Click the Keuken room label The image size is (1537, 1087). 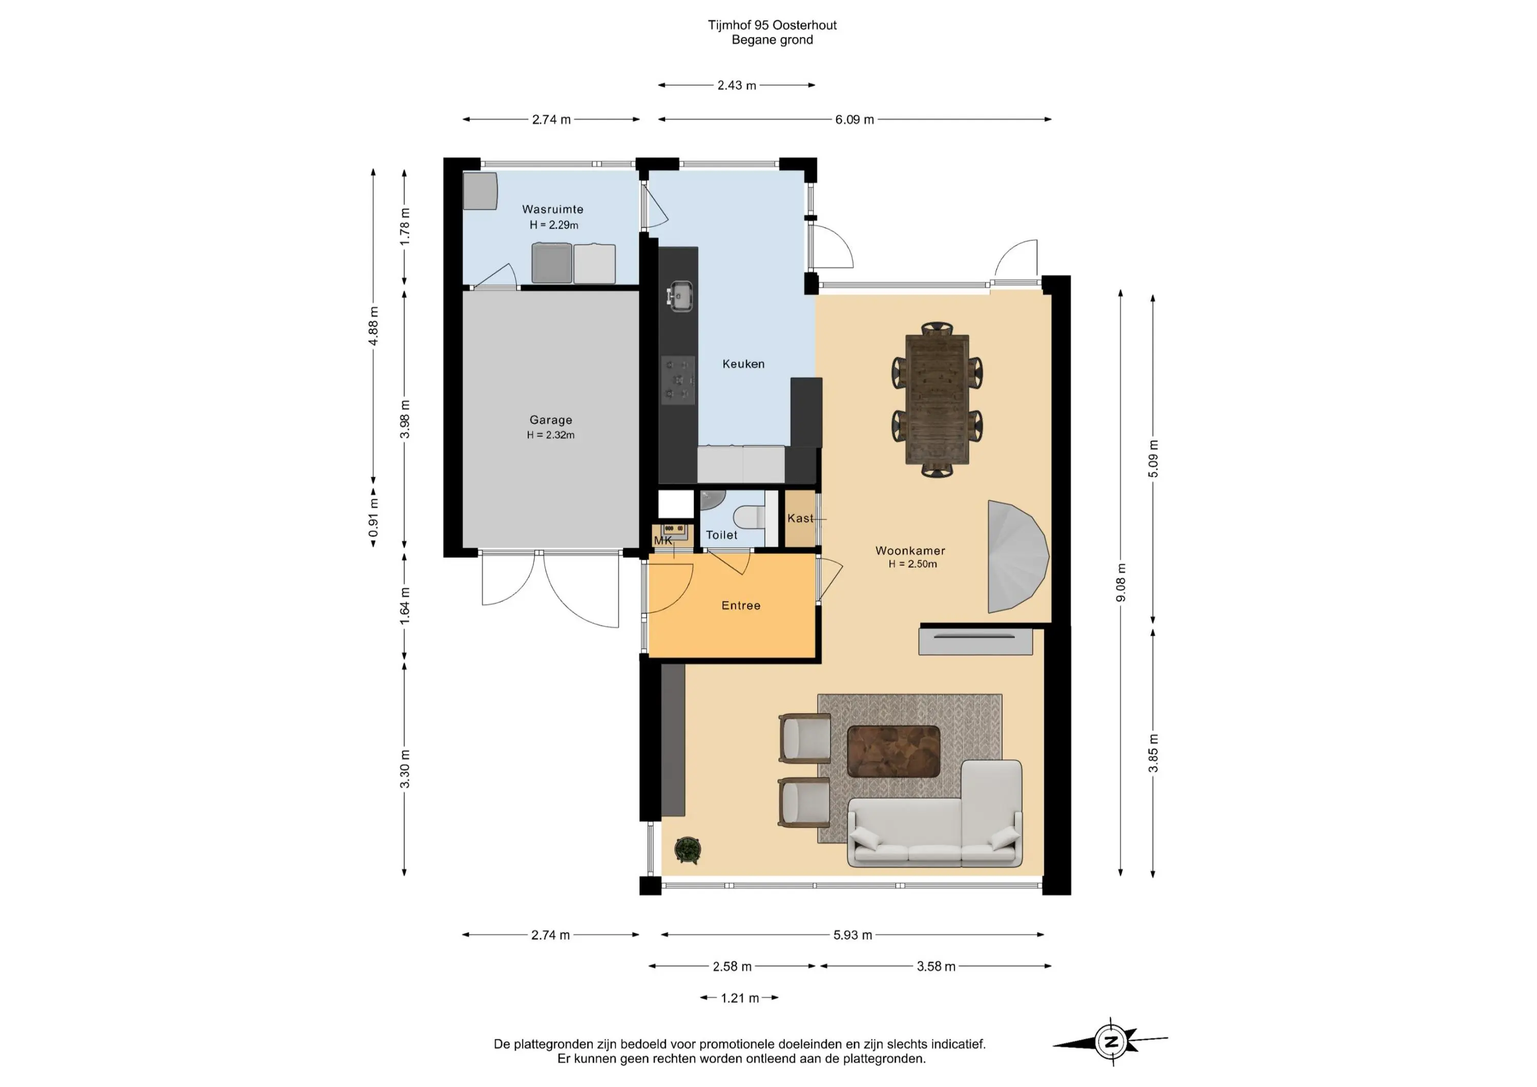(x=743, y=364)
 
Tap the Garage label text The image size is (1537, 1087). (x=550, y=420)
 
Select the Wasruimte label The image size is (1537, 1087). (x=552, y=210)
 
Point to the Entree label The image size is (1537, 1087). (x=740, y=605)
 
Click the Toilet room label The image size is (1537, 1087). (x=722, y=535)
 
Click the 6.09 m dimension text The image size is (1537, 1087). (x=854, y=120)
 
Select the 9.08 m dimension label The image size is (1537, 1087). (x=1120, y=583)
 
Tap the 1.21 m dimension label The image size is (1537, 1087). (x=740, y=998)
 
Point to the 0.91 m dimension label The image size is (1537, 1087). (x=373, y=518)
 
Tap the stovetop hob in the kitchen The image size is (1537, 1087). (x=678, y=380)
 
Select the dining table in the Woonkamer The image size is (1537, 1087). (x=937, y=399)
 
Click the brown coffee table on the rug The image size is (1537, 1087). (x=894, y=751)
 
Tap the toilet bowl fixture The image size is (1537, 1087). (x=749, y=517)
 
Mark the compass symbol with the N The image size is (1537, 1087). (x=1111, y=1041)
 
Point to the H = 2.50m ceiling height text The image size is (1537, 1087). (x=912, y=564)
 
